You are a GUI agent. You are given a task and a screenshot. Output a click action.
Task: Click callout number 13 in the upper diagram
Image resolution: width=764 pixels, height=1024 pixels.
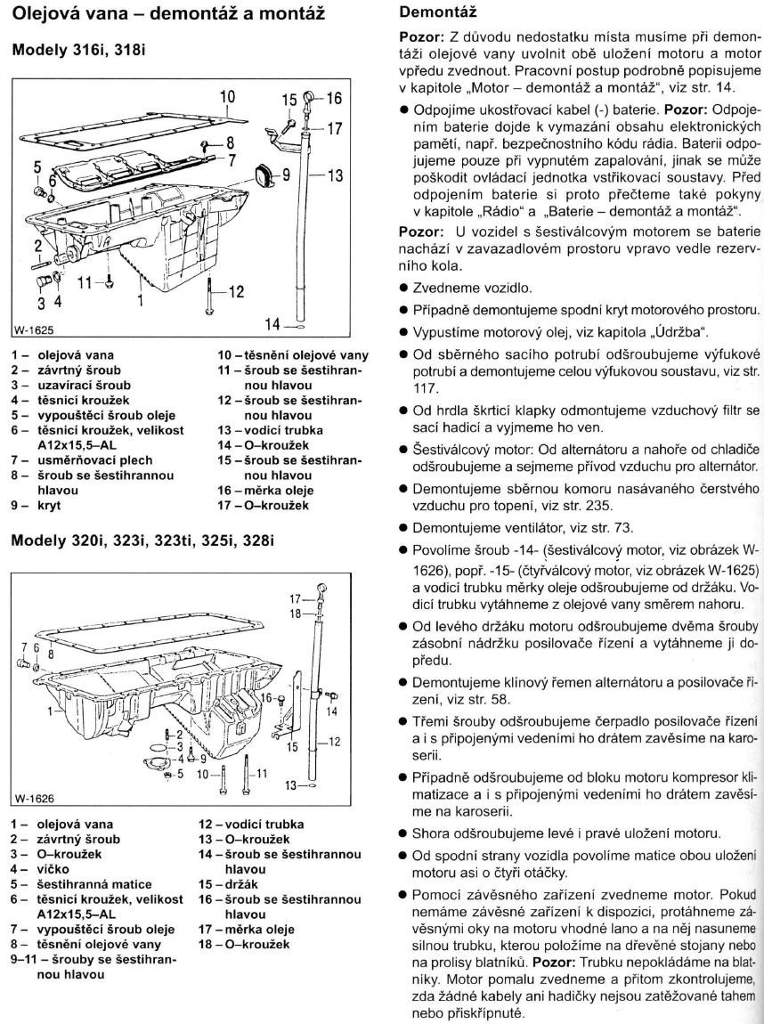point(335,176)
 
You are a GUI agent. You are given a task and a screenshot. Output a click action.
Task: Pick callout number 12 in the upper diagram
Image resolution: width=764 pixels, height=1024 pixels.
point(235,291)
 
